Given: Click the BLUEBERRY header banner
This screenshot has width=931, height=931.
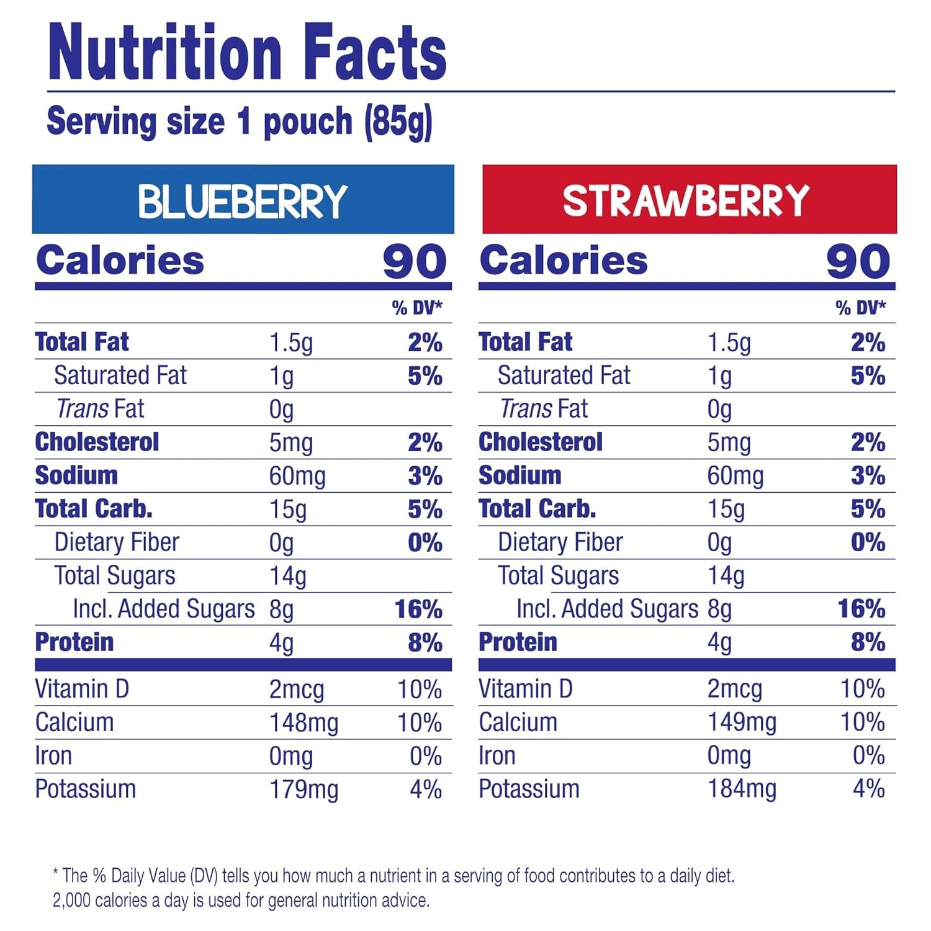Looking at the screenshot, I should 243,200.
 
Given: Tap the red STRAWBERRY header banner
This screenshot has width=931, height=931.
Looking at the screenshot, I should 689,200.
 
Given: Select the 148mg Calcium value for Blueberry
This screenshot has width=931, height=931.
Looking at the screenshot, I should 304,723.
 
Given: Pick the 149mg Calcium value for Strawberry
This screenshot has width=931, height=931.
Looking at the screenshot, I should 742,722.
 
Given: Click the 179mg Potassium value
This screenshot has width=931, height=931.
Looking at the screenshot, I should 304,789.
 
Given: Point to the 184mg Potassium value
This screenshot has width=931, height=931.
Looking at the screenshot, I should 742,789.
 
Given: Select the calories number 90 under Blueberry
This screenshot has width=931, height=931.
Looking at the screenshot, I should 415,261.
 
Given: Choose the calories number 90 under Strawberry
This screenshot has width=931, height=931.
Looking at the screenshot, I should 858,261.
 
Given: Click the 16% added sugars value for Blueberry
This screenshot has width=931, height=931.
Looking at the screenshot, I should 418,609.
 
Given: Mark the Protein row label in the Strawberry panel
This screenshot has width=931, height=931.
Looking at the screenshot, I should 518,642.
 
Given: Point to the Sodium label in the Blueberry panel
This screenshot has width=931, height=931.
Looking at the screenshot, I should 76,475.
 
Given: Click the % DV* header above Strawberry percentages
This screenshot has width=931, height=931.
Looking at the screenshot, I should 860,307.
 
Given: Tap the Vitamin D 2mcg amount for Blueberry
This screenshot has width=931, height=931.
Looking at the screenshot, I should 296,690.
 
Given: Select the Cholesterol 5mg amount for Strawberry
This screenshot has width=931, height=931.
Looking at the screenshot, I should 729,443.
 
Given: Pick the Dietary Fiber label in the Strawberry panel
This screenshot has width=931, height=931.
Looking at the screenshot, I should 560,542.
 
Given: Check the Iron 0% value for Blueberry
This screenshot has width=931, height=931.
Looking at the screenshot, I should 425,756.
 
